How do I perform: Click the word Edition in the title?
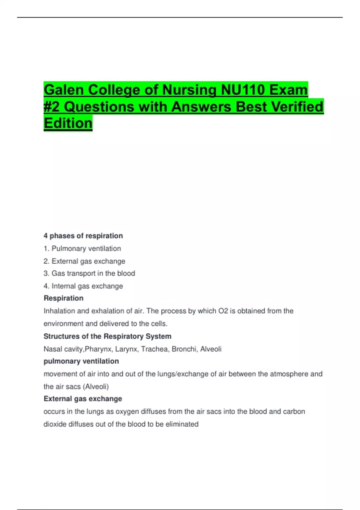[68, 123]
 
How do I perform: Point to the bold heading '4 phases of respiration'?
[83, 236]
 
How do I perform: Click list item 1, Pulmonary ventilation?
[82, 248]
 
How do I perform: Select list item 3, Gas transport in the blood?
[89, 273]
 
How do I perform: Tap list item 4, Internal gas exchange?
[83, 286]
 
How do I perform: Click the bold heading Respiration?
[64, 298]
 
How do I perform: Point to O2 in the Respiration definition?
[223, 311]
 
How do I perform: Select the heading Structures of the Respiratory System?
[107, 336]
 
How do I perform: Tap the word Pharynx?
[98, 349]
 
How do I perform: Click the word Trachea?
[154, 349]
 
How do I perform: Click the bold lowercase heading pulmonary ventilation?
[81, 361]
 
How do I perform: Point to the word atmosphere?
[289, 374]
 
